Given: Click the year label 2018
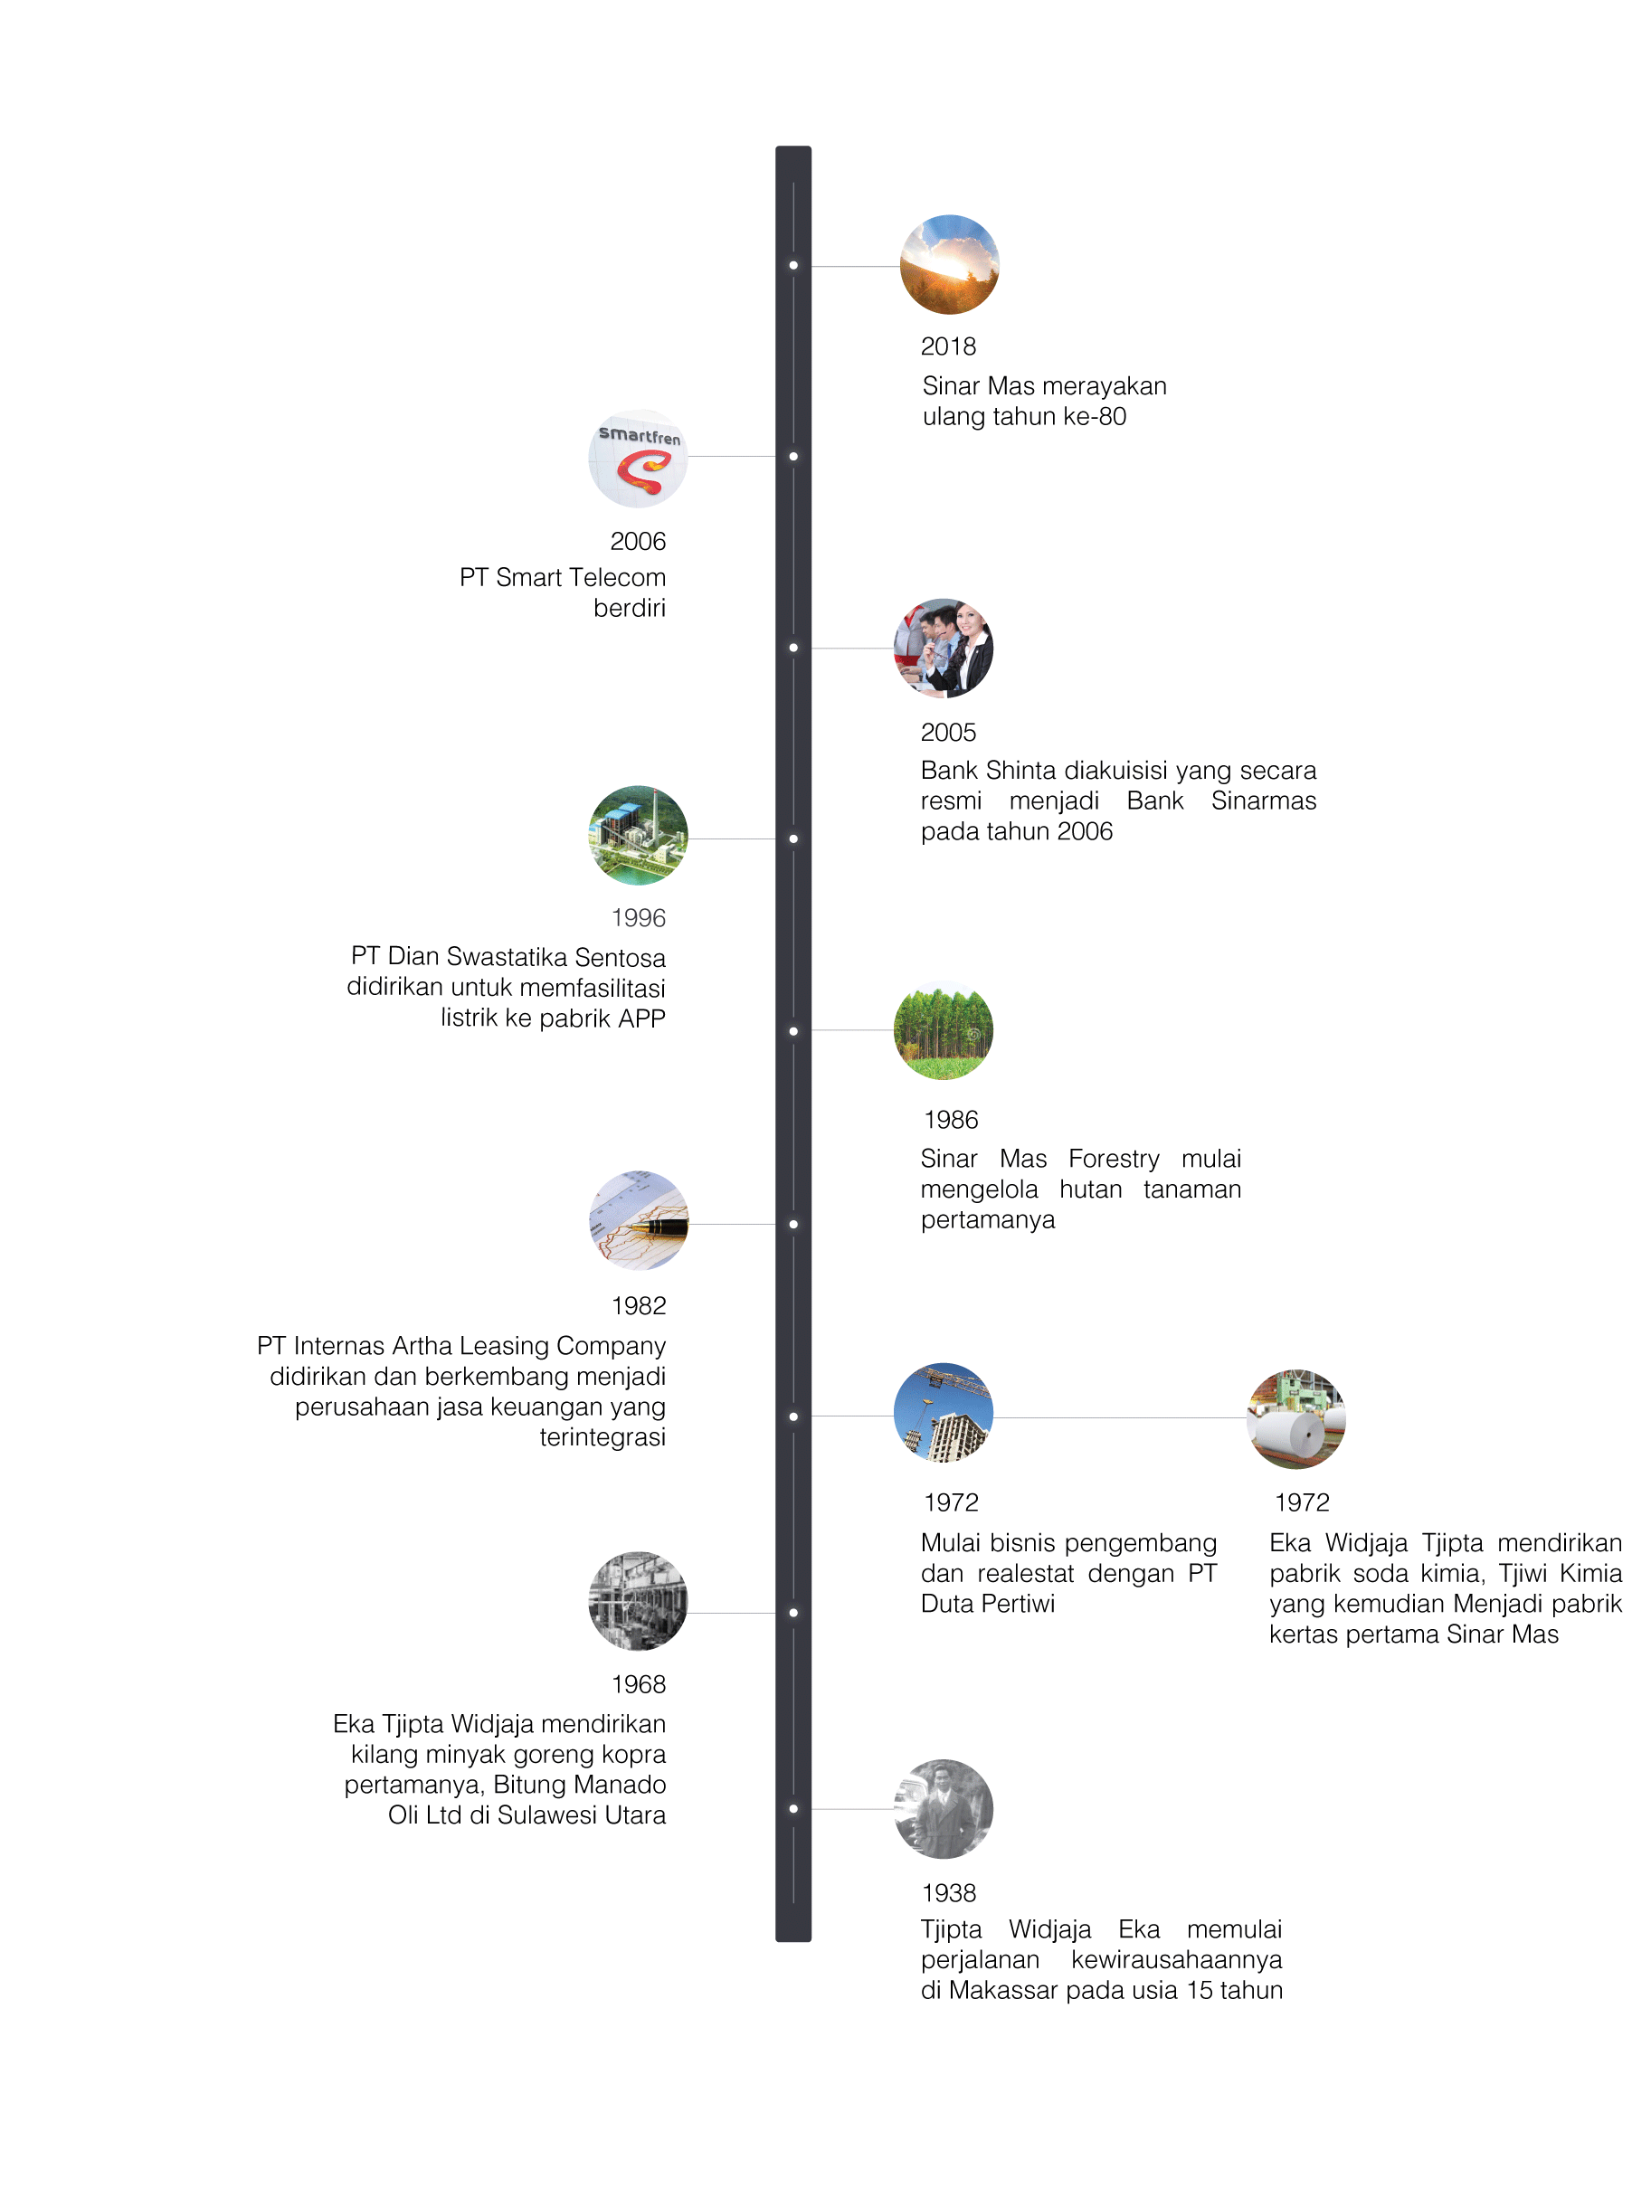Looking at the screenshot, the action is pyautogui.click(x=947, y=346).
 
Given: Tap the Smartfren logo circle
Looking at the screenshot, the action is pyautogui.click(x=638, y=458).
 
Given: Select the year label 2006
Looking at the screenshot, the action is pyautogui.click(x=637, y=542).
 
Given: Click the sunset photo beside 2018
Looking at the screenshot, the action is pyautogui.click(x=949, y=264).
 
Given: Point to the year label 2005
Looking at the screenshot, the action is pyautogui.click(x=948, y=733).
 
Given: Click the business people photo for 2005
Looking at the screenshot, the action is pyautogui.click(x=944, y=648).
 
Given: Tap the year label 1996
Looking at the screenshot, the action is pyautogui.click(x=638, y=918).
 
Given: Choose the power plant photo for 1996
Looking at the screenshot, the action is pyautogui.click(x=638, y=836).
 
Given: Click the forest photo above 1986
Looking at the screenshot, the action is pyautogui.click(x=944, y=1030).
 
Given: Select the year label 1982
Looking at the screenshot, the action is pyautogui.click(x=638, y=1305).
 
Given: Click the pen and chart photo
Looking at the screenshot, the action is pyautogui.click(x=638, y=1220).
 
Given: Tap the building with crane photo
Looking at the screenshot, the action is pyautogui.click(x=944, y=1412).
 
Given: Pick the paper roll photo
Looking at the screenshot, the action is pyautogui.click(x=1296, y=1419).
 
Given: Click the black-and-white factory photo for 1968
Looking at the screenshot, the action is pyautogui.click(x=638, y=1601).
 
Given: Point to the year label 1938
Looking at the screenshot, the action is pyautogui.click(x=948, y=1893).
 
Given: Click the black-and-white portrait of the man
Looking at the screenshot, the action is pyautogui.click(x=944, y=1808).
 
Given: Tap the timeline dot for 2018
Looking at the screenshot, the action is pyautogui.click(x=793, y=265).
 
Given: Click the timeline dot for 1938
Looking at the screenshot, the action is pyautogui.click(x=793, y=1808).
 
